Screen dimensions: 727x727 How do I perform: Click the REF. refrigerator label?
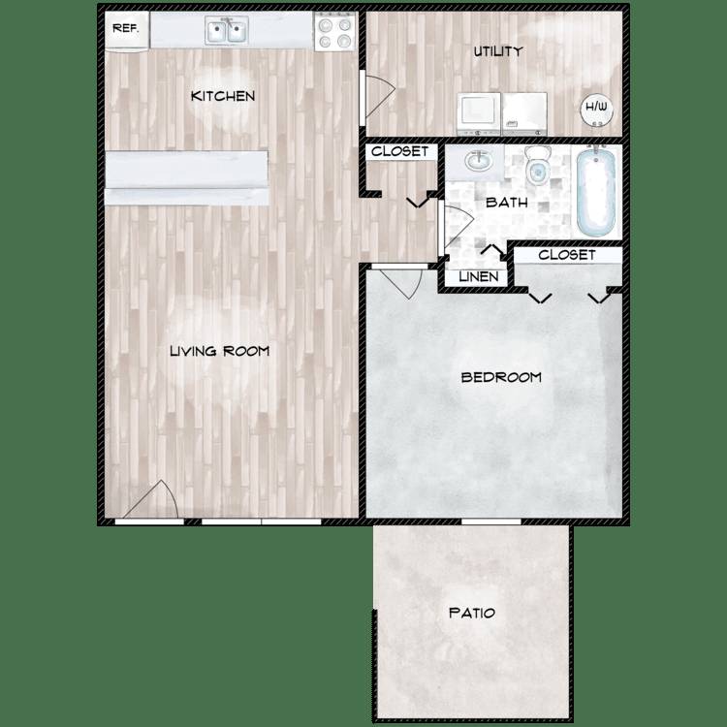coord(126,28)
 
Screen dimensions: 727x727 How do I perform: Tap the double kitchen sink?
coord(226,31)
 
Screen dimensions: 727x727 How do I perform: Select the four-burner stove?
coord(335,32)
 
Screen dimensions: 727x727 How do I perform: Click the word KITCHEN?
coord(223,96)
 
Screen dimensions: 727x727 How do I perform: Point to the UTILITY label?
coord(498,51)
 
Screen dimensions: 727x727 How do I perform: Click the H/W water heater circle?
coord(596,110)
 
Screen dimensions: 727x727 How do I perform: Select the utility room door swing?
coord(379,96)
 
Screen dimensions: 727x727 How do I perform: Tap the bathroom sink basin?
coord(478,161)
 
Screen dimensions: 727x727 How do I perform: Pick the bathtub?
coord(596,191)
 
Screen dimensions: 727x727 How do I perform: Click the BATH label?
coord(507,203)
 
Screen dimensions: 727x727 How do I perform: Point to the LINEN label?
coord(479,277)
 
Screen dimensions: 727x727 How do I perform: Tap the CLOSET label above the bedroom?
coord(567,255)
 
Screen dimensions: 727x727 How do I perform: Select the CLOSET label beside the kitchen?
coord(399,151)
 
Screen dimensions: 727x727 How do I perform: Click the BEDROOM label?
coord(501,377)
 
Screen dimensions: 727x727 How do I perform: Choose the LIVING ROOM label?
coord(220,351)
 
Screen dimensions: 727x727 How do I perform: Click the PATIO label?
coord(472,613)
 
